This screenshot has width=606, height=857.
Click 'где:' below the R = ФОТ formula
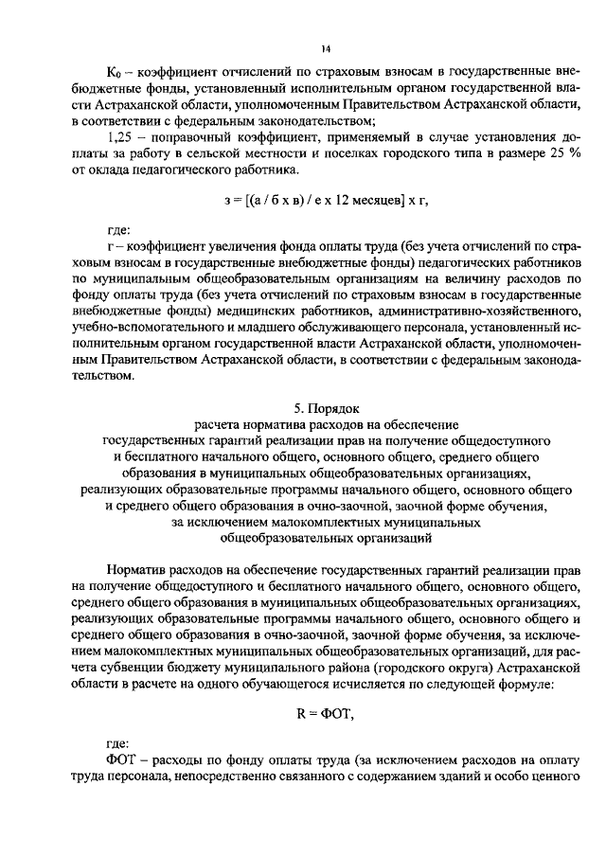point(120,745)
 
